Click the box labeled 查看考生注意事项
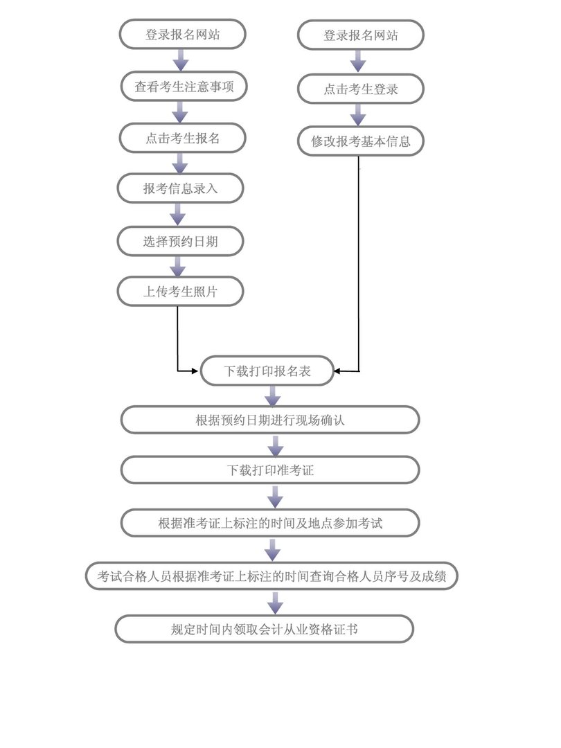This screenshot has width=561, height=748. pyautogui.click(x=182, y=87)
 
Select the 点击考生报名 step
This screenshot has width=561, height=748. pyautogui.click(x=182, y=138)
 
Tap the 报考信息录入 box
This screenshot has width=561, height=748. pyautogui.click(x=181, y=188)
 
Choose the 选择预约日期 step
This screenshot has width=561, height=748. pyautogui.click(x=181, y=241)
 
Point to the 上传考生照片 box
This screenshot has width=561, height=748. pyautogui.click(x=181, y=292)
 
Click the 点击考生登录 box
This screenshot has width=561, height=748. pyautogui.click(x=360, y=89)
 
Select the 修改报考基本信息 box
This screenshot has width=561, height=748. pyautogui.click(x=360, y=141)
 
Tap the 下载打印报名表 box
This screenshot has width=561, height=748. pyautogui.click(x=267, y=371)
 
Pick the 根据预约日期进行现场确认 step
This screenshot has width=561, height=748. pyautogui.click(x=270, y=420)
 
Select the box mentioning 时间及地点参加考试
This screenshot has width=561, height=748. pyautogui.click(x=270, y=523)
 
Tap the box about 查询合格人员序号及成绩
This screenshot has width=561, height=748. pyautogui.click(x=271, y=576)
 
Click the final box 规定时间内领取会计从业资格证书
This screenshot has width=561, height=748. pyautogui.click(x=264, y=629)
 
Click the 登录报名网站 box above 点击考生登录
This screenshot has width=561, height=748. pyautogui.click(x=360, y=35)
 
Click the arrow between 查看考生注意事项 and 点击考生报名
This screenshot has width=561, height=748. pyautogui.click(x=181, y=112)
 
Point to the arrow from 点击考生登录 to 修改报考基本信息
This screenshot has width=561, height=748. pyautogui.click(x=358, y=115)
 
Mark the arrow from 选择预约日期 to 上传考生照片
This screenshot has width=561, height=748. pyautogui.click(x=179, y=267)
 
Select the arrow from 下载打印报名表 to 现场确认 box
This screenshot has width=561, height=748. pyautogui.click(x=273, y=395)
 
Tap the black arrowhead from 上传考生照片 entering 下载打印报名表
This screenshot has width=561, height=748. pyautogui.click(x=195, y=371)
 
